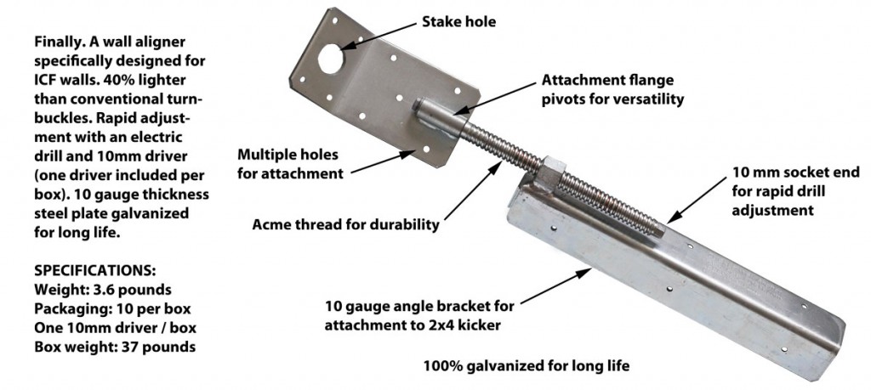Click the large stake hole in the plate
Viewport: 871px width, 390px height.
click(x=331, y=59)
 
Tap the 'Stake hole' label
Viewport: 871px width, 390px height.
click(x=458, y=22)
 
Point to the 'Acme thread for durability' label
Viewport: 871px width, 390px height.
click(x=345, y=224)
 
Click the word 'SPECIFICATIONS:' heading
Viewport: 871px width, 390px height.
click(x=95, y=271)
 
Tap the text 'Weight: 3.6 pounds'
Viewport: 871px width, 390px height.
click(x=103, y=290)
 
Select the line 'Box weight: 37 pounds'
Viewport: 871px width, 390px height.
click(x=115, y=348)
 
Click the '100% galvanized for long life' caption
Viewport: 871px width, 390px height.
click(x=527, y=366)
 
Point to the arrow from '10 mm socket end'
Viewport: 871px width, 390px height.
click(x=696, y=201)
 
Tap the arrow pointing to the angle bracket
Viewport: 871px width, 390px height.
click(x=556, y=286)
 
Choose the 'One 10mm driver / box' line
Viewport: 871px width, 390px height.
click(x=115, y=328)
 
